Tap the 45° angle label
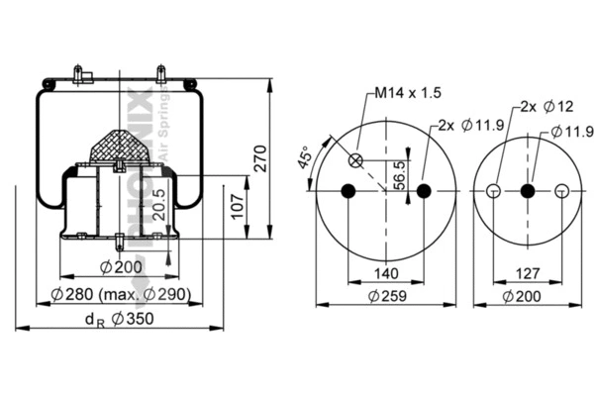coord(305,158)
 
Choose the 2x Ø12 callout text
coord(546,106)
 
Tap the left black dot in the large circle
coord(346,191)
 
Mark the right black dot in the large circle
coord(424,191)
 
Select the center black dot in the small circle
coord(527,191)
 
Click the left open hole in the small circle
coord(493,191)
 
